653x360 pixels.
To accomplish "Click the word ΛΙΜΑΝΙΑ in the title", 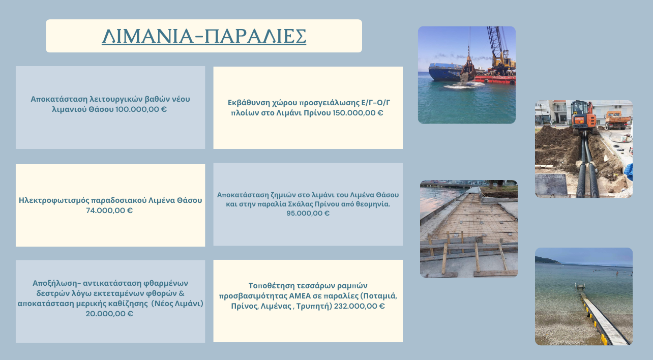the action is pos(147,37).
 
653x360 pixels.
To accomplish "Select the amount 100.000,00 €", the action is pos(141,109).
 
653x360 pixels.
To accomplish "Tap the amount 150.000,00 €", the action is pos(358,113).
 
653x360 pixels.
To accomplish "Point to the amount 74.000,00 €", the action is pos(109,211).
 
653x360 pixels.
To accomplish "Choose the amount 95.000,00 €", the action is pos(308,213).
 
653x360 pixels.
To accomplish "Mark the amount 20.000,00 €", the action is pos(109,314).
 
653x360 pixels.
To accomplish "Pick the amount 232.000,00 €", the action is pos(360,306).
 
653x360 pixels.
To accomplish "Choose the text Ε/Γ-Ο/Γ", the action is pos(375,103).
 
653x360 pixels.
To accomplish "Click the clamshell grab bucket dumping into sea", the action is pos(468,68).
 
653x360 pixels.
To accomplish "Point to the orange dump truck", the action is pos(617,120).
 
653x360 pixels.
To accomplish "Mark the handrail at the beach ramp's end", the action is pos(580,286).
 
